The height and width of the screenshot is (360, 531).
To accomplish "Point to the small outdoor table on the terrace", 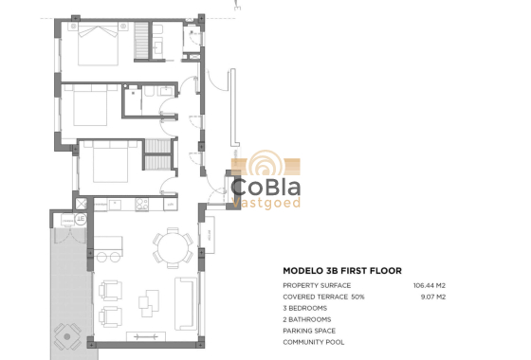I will point(65,333).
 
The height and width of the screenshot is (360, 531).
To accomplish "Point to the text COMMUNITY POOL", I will point(314,342).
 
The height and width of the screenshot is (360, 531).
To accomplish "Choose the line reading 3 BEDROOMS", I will point(305,308).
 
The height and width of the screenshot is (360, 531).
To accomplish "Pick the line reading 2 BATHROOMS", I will point(307,319).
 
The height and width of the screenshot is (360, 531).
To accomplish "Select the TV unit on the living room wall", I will point(144,337).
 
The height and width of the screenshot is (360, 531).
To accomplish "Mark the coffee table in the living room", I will point(147,303).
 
